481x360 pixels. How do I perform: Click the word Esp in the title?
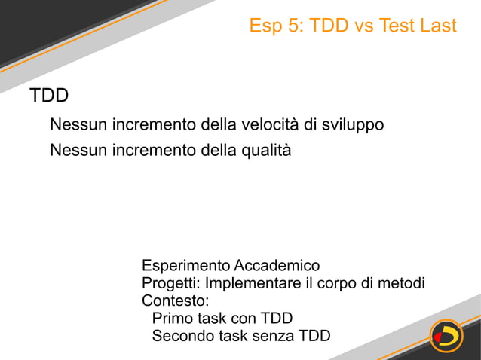click(265, 26)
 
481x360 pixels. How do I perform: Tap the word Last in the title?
click(438, 26)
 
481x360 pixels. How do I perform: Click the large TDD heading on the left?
click(49, 96)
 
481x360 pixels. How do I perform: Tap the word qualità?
click(265, 150)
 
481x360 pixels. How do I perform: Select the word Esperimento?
click(186, 266)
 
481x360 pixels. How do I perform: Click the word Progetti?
click(171, 283)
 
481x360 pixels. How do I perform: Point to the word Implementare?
click(248, 283)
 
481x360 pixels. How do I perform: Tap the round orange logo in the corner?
click(446, 335)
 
